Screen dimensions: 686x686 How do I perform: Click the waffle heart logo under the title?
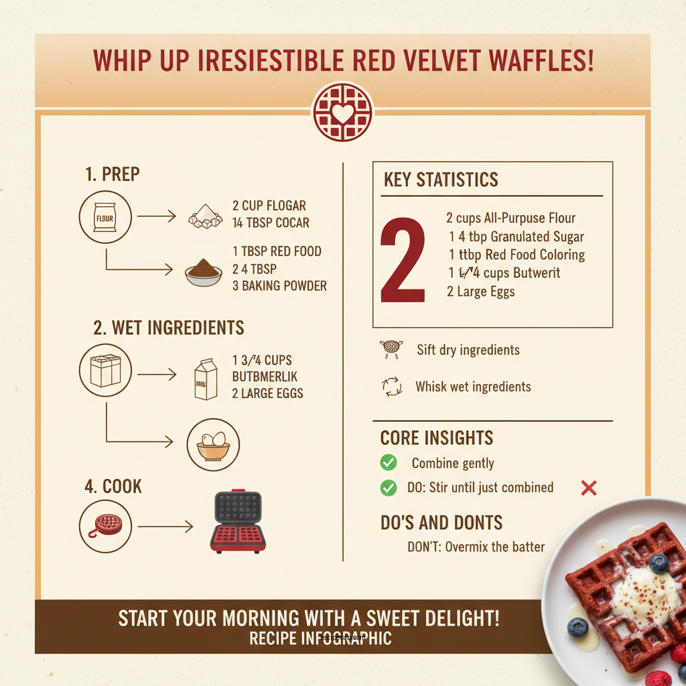coord(343,111)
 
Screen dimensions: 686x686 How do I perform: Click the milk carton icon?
coord(206,379)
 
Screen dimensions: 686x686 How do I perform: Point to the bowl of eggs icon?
coord(213,444)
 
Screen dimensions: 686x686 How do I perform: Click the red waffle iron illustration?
coord(238,523)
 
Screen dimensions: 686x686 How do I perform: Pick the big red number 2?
coord(403,260)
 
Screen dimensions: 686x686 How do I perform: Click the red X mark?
coord(588,488)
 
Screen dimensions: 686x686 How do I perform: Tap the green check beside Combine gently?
coord(388,462)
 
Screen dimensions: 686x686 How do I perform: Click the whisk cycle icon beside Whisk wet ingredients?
coord(391,387)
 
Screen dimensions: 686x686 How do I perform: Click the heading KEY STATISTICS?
coord(441,180)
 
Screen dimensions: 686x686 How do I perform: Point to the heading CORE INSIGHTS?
coord(436,438)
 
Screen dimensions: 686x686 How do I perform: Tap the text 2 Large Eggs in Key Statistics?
coord(480,291)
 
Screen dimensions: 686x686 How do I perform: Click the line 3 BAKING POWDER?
coord(279,286)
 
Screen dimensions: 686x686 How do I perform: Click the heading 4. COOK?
coord(113,486)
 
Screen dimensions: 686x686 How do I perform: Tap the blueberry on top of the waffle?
coord(659,563)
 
